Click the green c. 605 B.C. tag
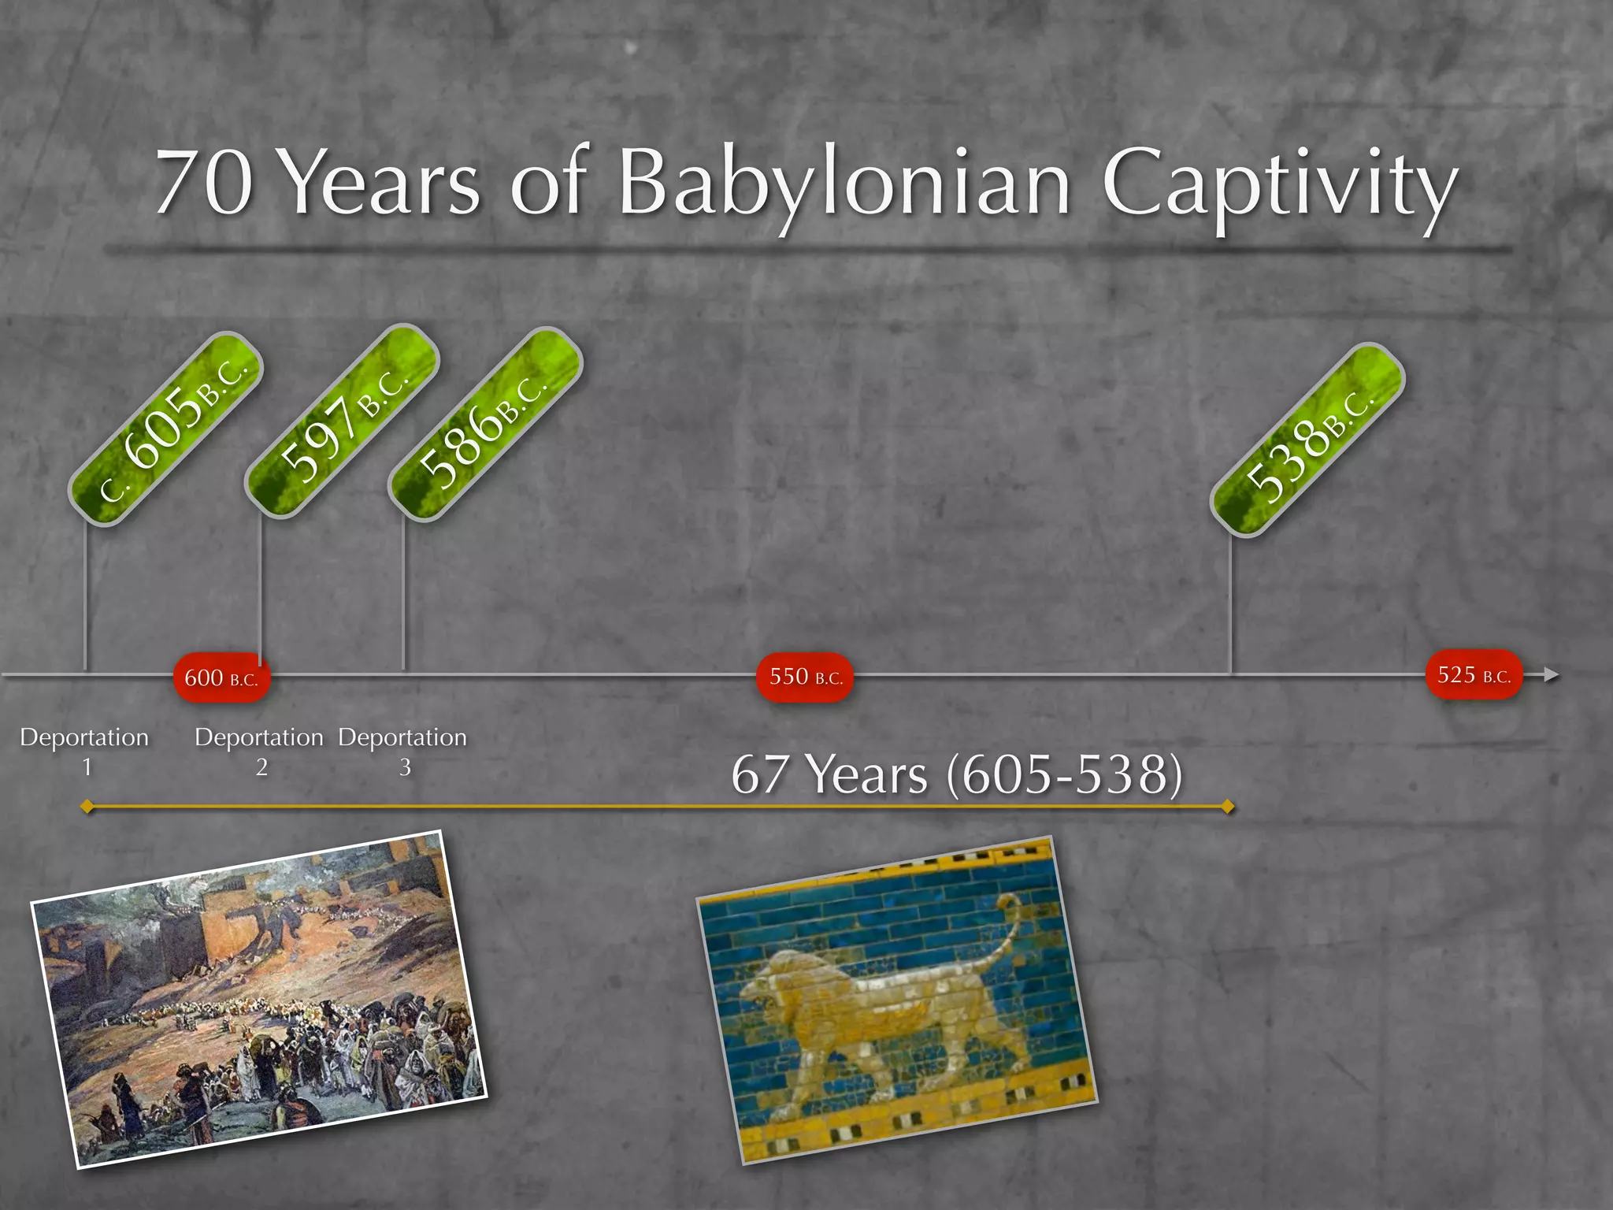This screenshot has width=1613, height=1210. tap(165, 429)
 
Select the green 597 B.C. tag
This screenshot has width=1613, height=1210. tap(342, 421)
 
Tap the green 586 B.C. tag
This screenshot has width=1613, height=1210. tap(485, 424)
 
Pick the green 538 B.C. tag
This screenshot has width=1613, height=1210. tap(1308, 440)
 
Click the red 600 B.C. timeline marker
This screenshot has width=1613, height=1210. tap(221, 677)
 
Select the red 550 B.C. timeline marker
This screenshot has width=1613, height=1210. tap(805, 677)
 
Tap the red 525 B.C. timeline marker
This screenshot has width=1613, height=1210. tap(1474, 674)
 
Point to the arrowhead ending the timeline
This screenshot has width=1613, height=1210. tap(1551, 674)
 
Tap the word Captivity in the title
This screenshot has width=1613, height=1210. tap(1279, 185)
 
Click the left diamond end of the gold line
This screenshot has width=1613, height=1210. tap(87, 807)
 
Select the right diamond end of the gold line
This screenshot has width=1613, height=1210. tap(1227, 807)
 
